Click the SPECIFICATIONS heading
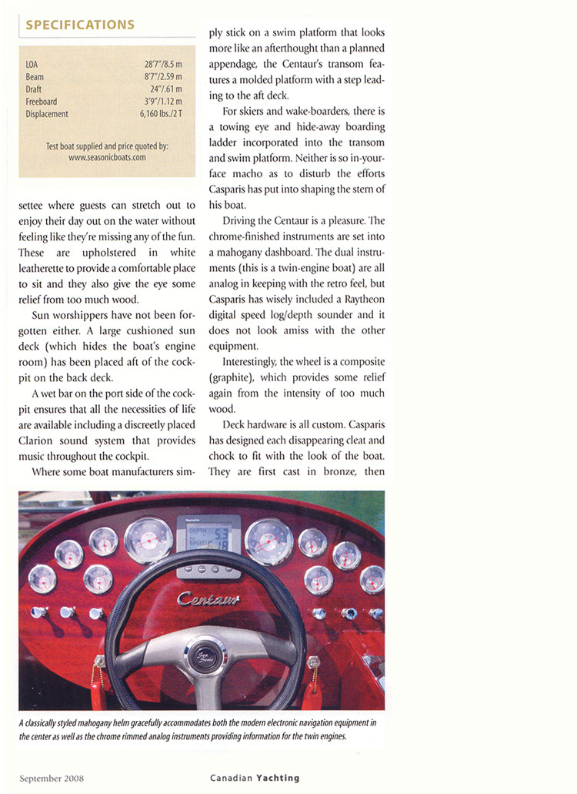pyautogui.click(x=80, y=25)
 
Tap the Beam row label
pyautogui.click(x=35, y=77)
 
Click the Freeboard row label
pyautogui.click(x=41, y=102)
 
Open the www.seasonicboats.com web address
pyautogui.click(x=107, y=156)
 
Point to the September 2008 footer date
pyautogui.click(x=52, y=777)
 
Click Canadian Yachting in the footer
pyautogui.click(x=255, y=777)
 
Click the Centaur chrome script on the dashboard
pyautogui.click(x=208, y=598)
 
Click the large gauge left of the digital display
pyautogui.click(x=148, y=540)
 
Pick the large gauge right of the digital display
pyautogui.click(x=268, y=541)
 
